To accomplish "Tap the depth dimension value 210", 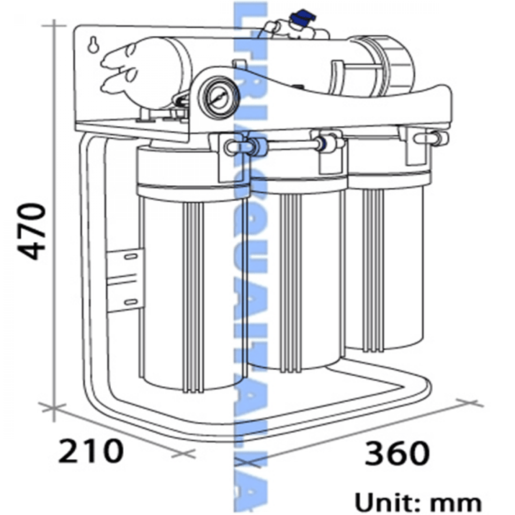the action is tap(91, 451).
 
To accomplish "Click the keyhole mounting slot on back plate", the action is tap(93, 45).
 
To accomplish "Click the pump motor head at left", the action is tap(125, 72).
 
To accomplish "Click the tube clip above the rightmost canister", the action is tap(430, 138).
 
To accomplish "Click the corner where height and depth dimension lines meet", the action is tap(54, 407).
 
